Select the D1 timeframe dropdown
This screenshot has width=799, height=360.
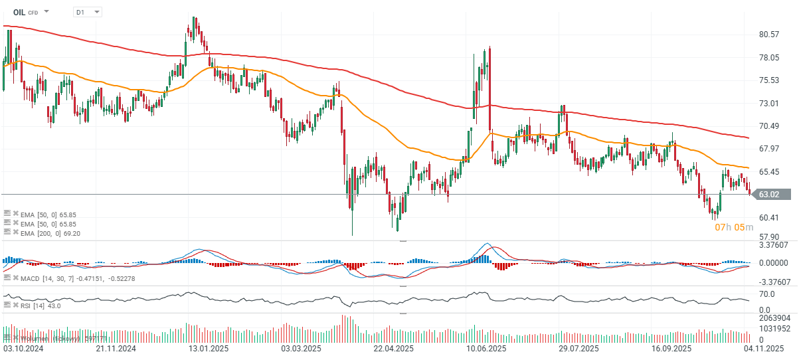[87, 12]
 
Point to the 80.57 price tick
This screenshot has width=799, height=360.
[768, 35]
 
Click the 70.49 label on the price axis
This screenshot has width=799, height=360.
[768, 126]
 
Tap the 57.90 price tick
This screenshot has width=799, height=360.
[768, 236]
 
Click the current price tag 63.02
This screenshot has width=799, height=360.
[772, 195]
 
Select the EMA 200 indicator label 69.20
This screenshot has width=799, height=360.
[49, 233]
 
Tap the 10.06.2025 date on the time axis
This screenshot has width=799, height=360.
[487, 348]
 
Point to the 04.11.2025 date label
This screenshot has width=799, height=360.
[764, 348]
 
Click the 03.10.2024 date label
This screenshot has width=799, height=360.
[24, 348]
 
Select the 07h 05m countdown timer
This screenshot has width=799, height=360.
[734, 227]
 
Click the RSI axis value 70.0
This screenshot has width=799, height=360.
[767, 293]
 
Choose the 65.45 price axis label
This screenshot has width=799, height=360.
[768, 172]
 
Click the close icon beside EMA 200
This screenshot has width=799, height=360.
[15, 233]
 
